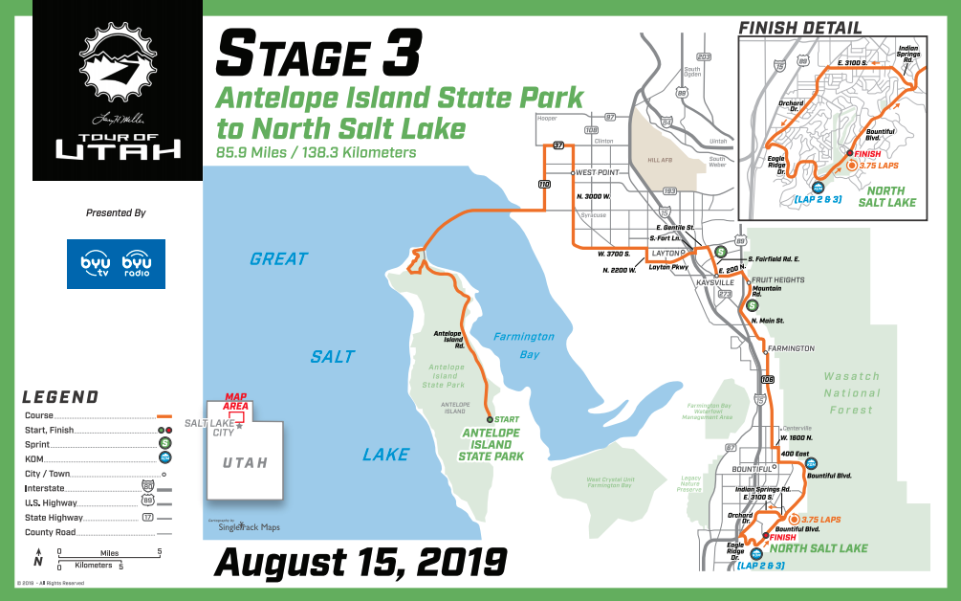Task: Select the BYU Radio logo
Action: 141,263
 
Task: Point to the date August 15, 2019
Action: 360,561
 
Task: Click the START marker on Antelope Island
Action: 491,419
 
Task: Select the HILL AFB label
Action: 662,160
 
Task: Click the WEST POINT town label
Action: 599,173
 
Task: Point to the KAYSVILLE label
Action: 713,283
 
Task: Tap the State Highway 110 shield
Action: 543,183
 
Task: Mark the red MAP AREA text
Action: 236,401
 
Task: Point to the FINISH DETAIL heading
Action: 801,28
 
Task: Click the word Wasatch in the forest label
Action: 851,377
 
